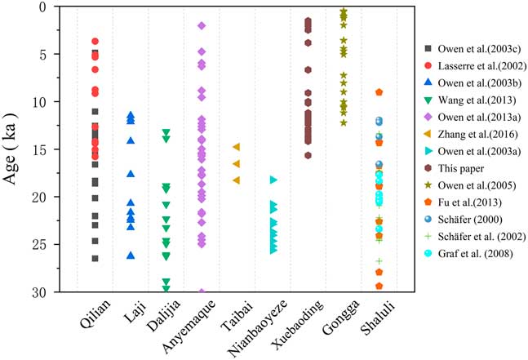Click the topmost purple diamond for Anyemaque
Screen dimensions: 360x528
202,26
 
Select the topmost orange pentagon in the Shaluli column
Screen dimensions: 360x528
379,92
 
